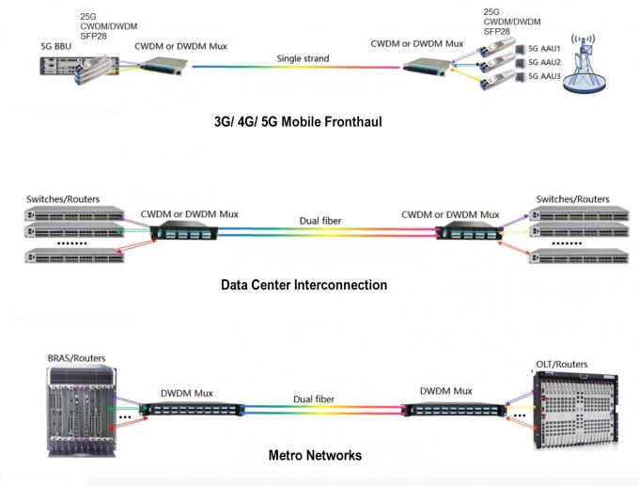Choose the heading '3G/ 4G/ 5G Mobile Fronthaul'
pos(298,122)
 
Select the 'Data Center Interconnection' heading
pos(304,284)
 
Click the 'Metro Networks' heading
pos(316,456)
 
